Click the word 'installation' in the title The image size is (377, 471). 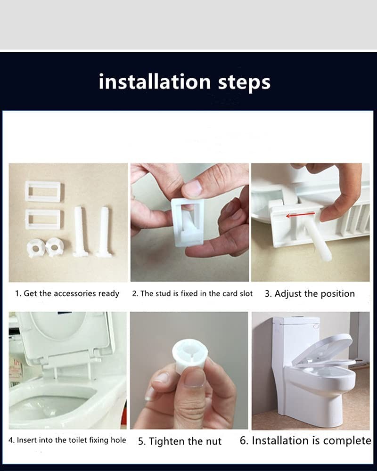click(155, 81)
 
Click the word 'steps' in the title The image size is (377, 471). click(244, 83)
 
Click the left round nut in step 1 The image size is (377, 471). click(35, 248)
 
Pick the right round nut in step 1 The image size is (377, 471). click(54, 247)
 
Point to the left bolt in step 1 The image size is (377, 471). click(80, 231)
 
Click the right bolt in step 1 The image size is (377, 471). click(104, 232)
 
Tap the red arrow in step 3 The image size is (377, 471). click(300, 215)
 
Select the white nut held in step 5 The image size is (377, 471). click(190, 355)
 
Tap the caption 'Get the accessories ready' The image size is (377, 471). click(71, 293)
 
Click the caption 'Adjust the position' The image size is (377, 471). click(314, 293)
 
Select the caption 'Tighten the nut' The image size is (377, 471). click(185, 441)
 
